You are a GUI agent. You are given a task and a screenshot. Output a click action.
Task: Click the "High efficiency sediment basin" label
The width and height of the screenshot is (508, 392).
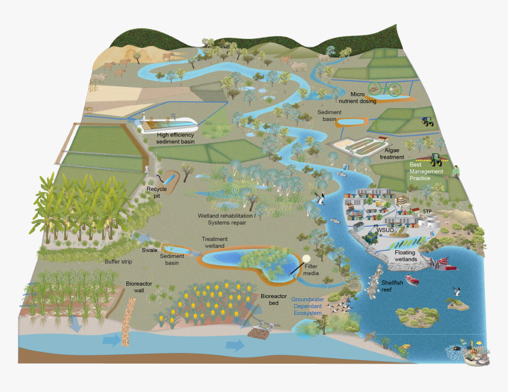pyautogui.click(x=175, y=138)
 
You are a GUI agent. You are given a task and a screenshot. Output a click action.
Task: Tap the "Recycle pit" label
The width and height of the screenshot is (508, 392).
pyautogui.click(x=157, y=192)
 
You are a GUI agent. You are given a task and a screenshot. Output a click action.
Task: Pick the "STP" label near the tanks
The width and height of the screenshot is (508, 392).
pyautogui.click(x=428, y=211)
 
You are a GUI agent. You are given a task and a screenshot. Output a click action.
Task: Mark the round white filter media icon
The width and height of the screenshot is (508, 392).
pyautogui.click(x=306, y=259)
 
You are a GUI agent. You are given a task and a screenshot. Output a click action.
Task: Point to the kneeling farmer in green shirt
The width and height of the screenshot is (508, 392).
pyautogui.click(x=456, y=171)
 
